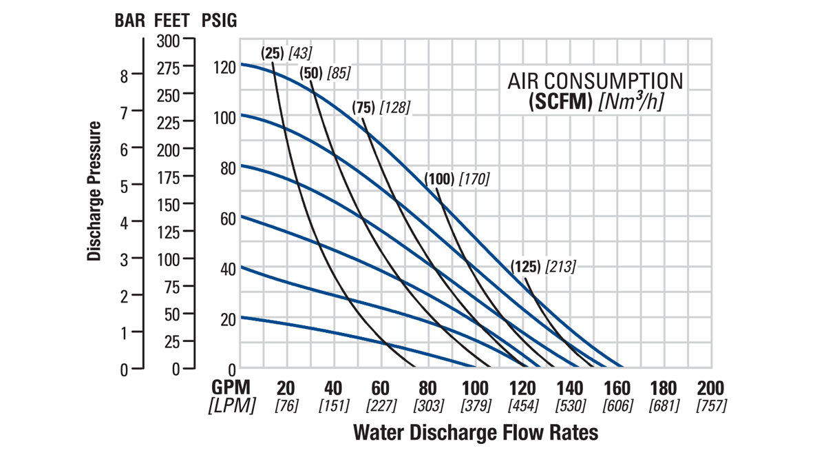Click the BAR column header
pyautogui.click(x=129, y=20)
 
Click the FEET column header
pyautogui.click(x=174, y=20)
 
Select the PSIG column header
pyautogui.click(x=219, y=20)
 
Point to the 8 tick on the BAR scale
pyautogui.click(x=124, y=76)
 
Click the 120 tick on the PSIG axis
pyautogui.click(x=224, y=68)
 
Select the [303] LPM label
pyautogui.click(x=428, y=405)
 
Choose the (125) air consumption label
pyautogui.click(x=527, y=266)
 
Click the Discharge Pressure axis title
pyautogui.click(x=95, y=192)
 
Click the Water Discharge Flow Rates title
pyautogui.click(x=475, y=433)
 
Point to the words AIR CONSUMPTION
pyautogui.click(x=595, y=81)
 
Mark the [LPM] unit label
pyautogui.click(x=232, y=405)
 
